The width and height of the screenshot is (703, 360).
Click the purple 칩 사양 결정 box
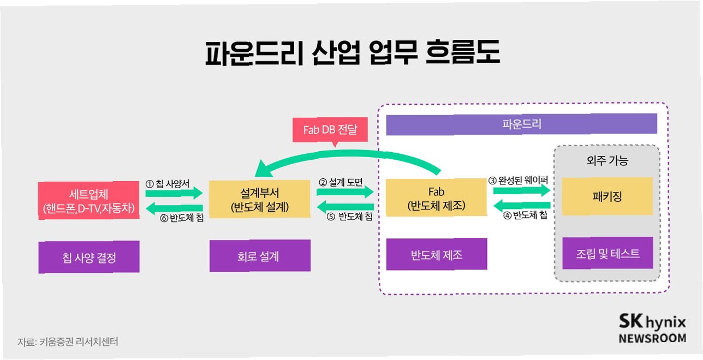pyautogui.click(x=89, y=257)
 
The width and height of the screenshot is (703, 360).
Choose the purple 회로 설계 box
pyautogui.click(x=260, y=256)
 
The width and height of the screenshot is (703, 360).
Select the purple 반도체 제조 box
pyautogui.click(x=436, y=254)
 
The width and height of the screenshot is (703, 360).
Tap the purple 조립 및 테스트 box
pyautogui.click(x=607, y=253)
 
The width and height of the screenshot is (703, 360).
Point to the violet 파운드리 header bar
pyautogui.click(x=521, y=124)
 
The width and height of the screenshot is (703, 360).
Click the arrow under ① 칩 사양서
pyautogui.click(x=174, y=193)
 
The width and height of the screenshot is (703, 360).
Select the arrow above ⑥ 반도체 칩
pyautogui.click(x=174, y=208)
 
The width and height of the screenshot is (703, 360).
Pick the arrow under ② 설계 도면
pyautogui.click(x=345, y=191)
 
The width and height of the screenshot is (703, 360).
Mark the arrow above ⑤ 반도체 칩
pyautogui.click(x=345, y=206)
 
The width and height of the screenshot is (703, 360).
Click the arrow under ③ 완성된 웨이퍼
pyautogui.click(x=521, y=190)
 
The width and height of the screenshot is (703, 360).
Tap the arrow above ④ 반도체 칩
pyautogui.click(x=521, y=205)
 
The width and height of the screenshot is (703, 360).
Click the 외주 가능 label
pyautogui.click(x=606, y=161)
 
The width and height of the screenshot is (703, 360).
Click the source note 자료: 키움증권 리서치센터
pyautogui.click(x=68, y=342)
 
